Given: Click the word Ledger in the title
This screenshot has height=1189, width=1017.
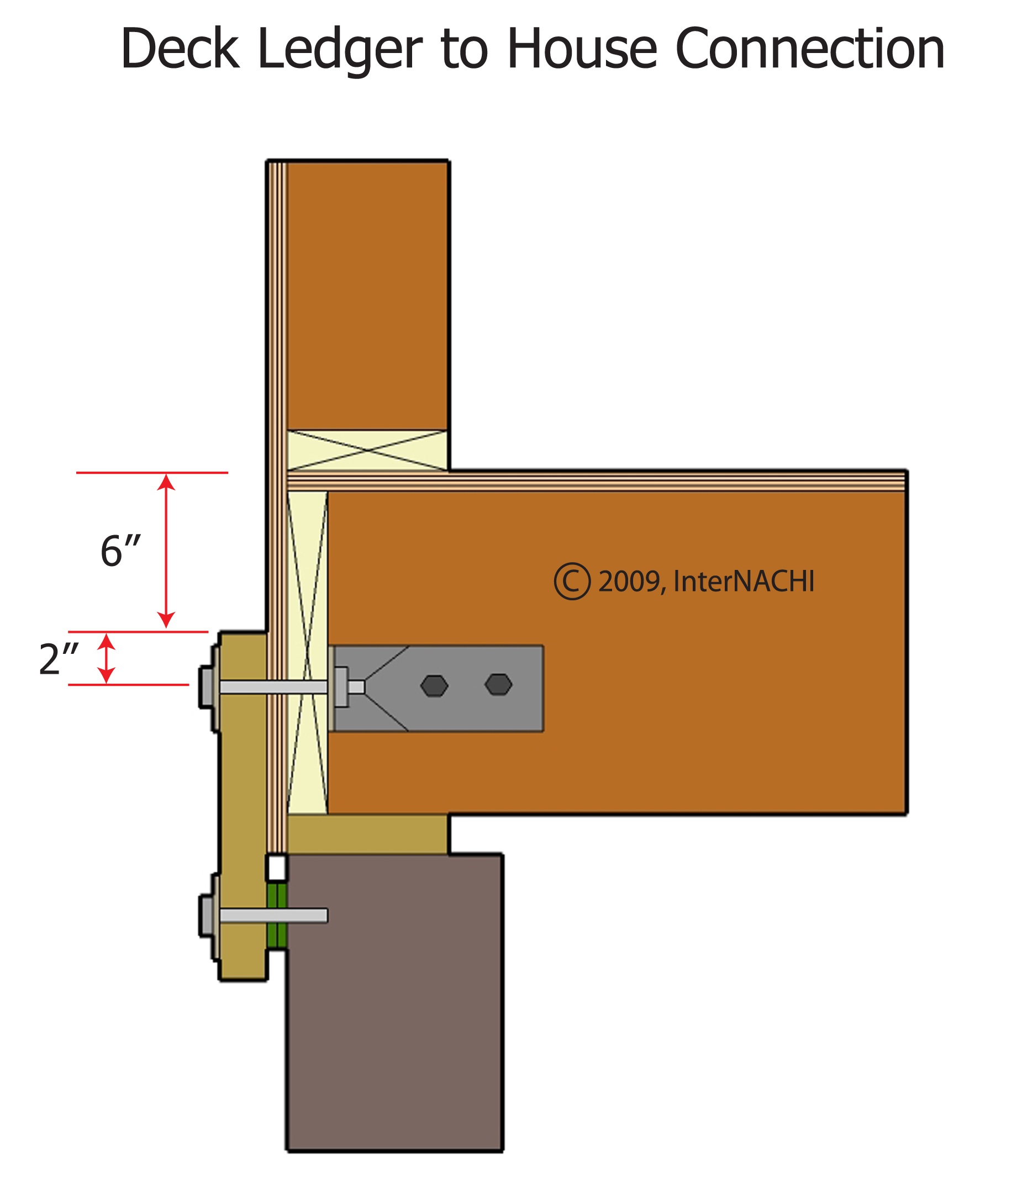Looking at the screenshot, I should point(340,50).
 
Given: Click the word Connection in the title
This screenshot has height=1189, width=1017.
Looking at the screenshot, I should point(810,50).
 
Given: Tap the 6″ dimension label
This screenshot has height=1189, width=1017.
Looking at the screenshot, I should point(120,551).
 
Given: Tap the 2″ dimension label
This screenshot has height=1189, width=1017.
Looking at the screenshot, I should point(58,659).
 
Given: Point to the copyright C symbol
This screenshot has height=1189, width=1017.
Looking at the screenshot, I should point(572,582).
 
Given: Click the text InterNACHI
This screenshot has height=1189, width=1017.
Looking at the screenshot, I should point(743,582).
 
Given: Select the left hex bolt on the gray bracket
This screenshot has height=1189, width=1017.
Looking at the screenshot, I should point(434,686).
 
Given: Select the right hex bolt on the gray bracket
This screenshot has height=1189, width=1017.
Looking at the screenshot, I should point(498,685).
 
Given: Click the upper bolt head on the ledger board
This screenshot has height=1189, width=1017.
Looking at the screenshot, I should point(207,687).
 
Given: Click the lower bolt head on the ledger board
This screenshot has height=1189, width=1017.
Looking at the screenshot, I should point(207,915).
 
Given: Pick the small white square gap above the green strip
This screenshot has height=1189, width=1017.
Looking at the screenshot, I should point(277,868).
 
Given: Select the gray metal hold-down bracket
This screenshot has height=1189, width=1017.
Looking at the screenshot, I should point(459,665).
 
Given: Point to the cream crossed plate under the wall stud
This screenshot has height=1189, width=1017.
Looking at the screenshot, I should point(366,451).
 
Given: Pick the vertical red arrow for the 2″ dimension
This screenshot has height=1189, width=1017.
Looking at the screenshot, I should point(106,658).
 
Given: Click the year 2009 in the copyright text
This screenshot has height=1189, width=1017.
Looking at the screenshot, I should point(629,582).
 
